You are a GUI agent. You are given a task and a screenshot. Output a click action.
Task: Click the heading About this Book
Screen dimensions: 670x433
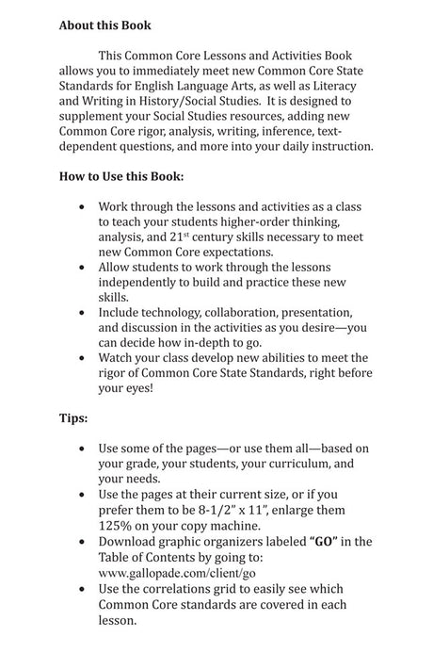(104, 25)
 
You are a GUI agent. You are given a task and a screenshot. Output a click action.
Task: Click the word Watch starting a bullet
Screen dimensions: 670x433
(120, 357)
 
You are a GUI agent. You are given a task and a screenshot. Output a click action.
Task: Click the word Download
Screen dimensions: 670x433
(131, 541)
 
